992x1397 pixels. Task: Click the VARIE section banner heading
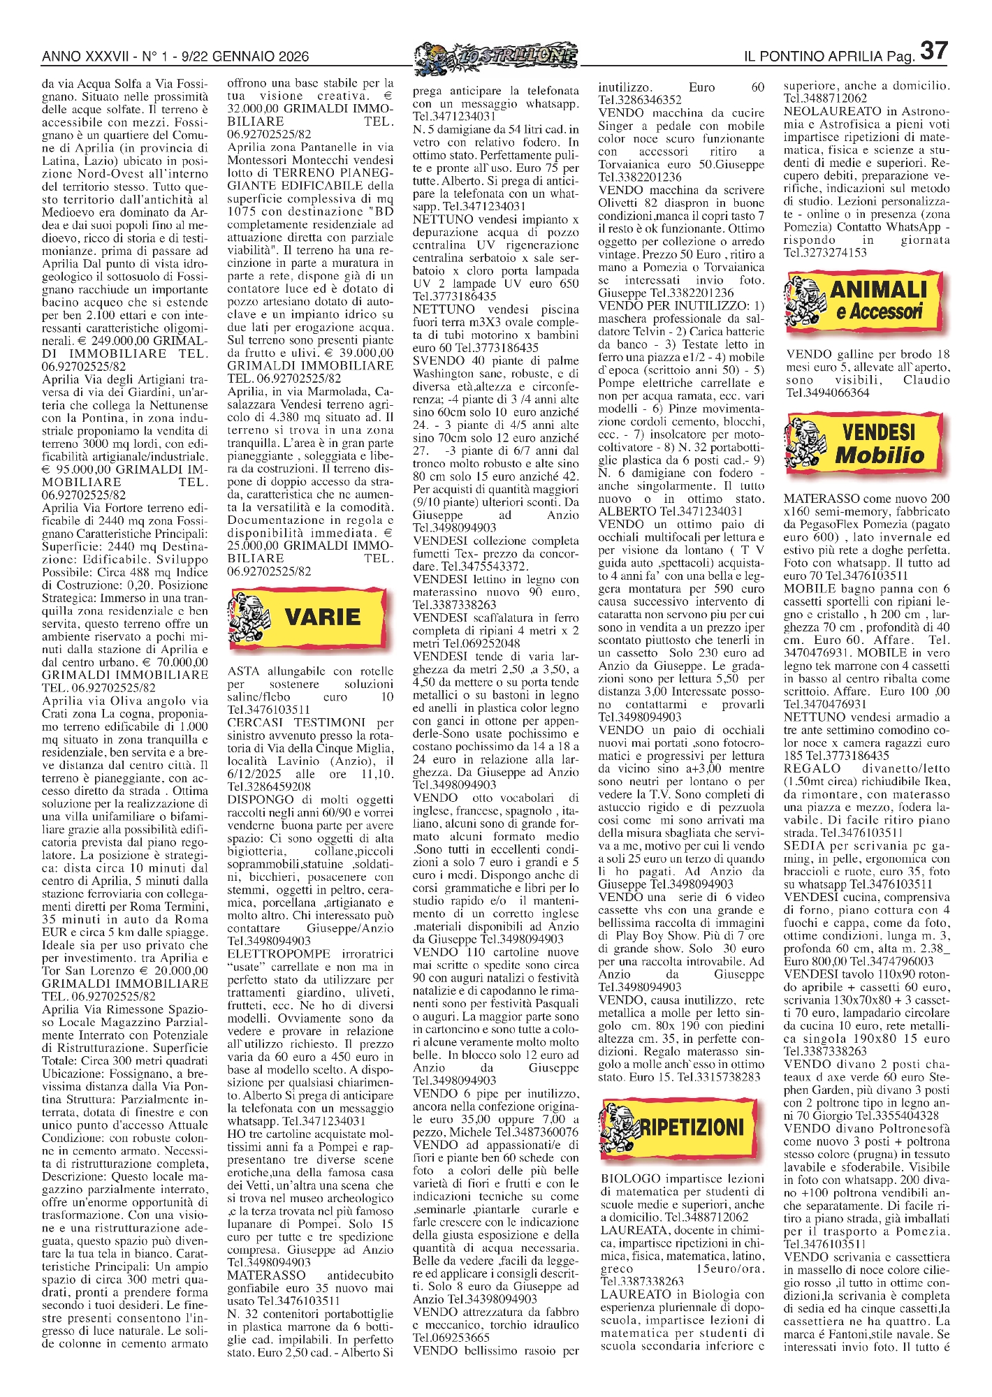point(323,617)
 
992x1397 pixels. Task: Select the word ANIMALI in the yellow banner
point(878,289)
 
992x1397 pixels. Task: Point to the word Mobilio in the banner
point(880,455)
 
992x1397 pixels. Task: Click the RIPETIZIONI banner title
point(691,1127)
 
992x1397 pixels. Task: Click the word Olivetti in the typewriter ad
point(620,203)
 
